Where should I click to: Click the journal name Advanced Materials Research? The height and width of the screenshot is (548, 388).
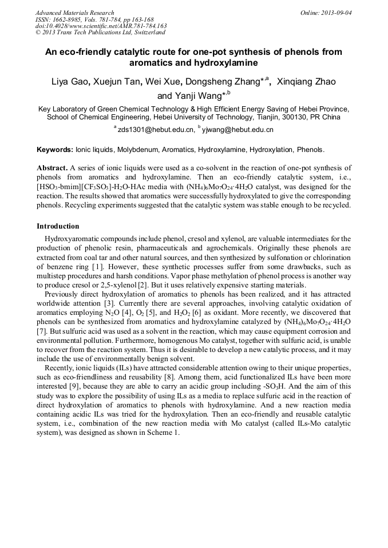pyautogui.click(x=74, y=13)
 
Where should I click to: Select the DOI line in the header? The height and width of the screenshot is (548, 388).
pyautogui.click(x=101, y=26)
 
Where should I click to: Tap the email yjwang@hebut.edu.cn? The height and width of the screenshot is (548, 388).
pyautogui.click(x=237, y=130)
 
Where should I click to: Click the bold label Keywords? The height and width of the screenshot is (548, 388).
pyautogui.click(x=55, y=150)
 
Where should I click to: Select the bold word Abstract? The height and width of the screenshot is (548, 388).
pyautogui.click(x=52, y=168)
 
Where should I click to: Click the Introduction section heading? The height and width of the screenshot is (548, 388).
pyautogui.click(x=58, y=226)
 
